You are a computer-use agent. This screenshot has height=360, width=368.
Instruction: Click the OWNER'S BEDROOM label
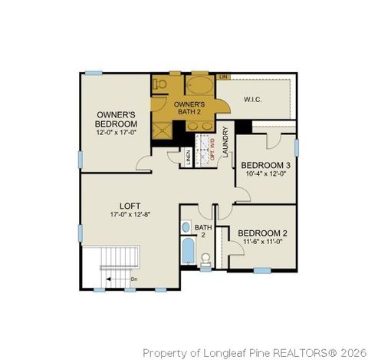click(x=117, y=119)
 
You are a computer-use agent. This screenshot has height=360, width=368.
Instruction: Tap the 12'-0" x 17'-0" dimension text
click(x=117, y=132)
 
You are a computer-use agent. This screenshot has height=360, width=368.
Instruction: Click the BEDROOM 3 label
click(x=264, y=165)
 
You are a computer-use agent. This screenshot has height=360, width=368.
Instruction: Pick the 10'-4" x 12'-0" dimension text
click(x=264, y=174)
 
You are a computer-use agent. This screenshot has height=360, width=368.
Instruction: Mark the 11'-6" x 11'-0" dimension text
click(x=262, y=243)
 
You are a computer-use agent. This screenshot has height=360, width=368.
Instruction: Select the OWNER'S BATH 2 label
click(x=189, y=108)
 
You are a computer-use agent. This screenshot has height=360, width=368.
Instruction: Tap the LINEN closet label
click(x=189, y=158)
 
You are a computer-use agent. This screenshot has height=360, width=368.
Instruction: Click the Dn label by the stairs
click(x=133, y=279)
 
